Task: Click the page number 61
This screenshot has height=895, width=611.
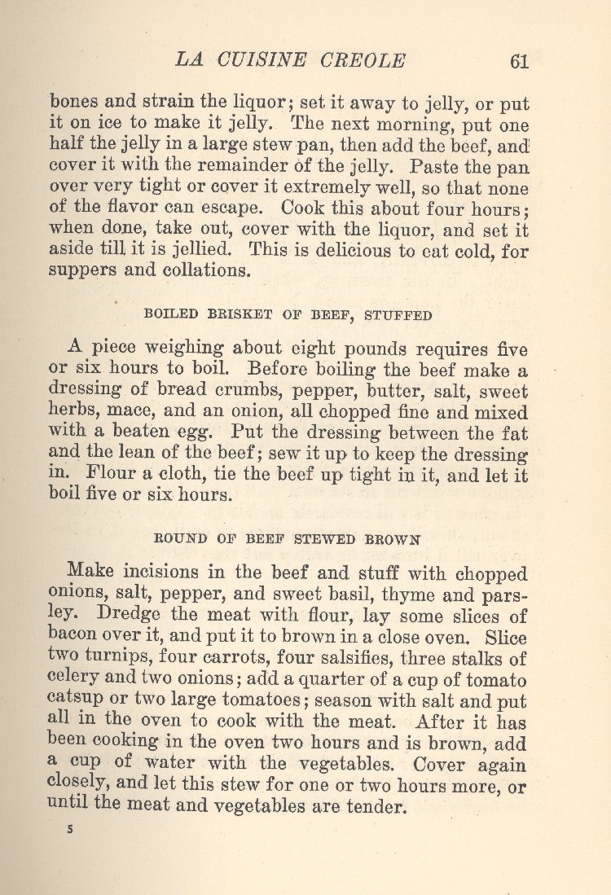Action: (x=519, y=61)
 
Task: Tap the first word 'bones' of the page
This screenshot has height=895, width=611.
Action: (x=73, y=104)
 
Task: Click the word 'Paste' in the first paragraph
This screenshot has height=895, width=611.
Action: (x=436, y=168)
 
